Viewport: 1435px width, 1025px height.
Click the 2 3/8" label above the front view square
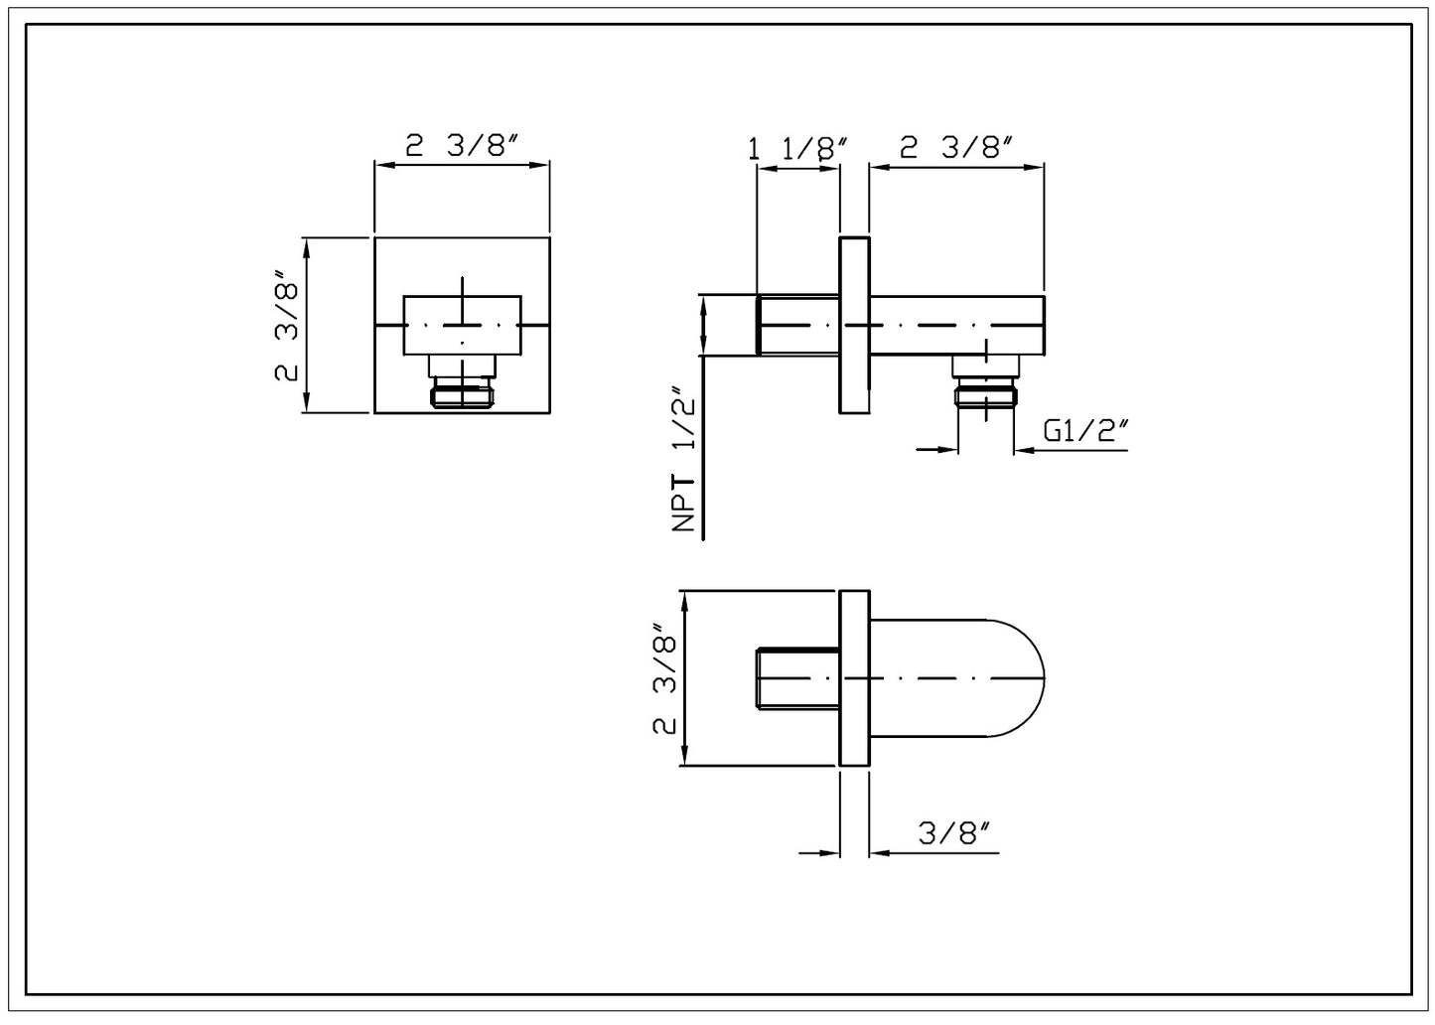[462, 146]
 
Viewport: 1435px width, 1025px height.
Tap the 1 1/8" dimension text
[797, 149]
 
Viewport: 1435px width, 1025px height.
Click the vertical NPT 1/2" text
[683, 460]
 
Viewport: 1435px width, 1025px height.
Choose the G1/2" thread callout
[1087, 432]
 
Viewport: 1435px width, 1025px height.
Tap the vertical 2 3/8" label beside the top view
[664, 678]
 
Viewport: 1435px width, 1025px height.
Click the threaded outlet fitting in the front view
[462, 395]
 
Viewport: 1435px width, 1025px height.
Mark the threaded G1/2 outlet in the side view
[984, 395]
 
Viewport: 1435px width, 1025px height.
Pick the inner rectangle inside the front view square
[462, 325]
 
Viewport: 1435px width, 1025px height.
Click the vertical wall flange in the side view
[854, 325]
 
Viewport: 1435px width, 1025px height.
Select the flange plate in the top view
[854, 678]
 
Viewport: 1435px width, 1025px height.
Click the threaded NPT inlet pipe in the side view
[797, 325]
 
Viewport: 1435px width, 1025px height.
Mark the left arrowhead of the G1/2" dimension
[948, 450]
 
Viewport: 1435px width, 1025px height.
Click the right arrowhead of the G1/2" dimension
[1023, 450]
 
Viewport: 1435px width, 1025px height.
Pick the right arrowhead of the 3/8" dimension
[879, 852]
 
